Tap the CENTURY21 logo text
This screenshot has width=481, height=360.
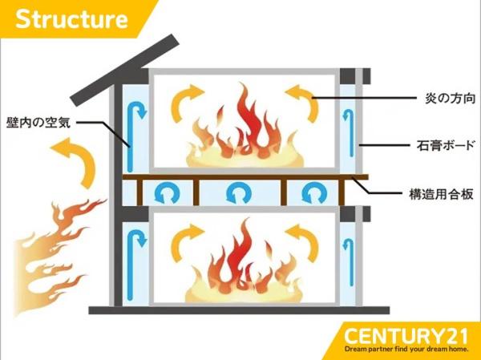tap(409, 334)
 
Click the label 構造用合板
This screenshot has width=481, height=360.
tap(435, 192)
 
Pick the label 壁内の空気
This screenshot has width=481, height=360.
tap(39, 123)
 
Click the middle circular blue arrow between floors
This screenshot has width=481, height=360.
tap(238, 192)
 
